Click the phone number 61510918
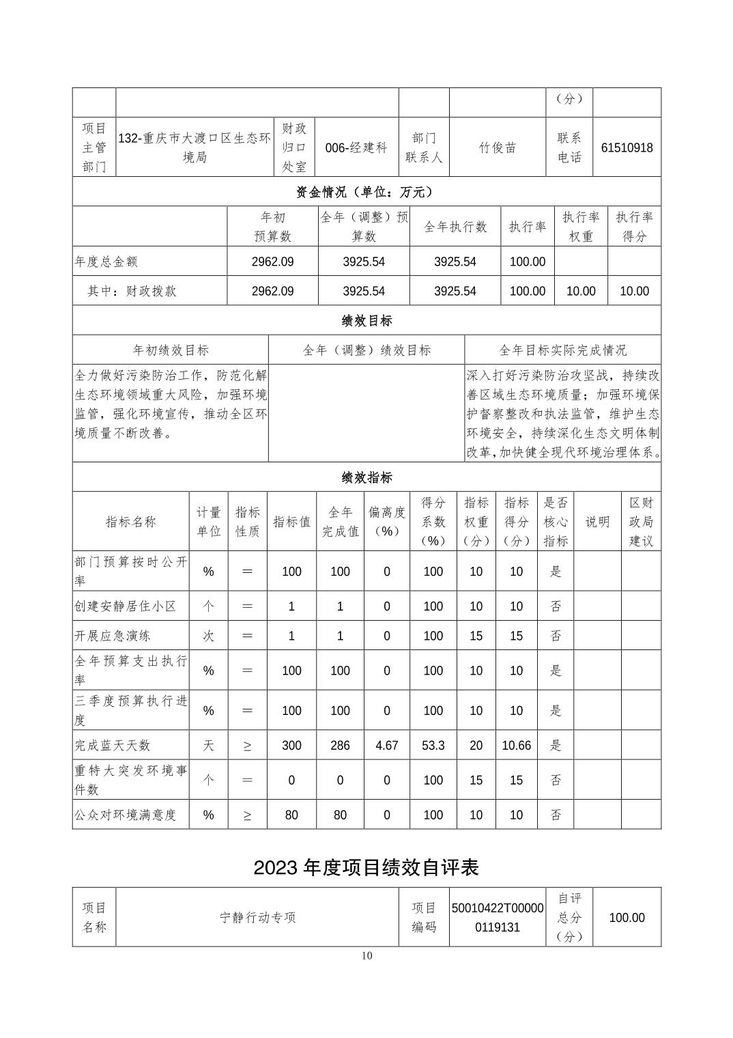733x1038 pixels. coord(627,148)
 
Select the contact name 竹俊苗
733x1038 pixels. coord(497,148)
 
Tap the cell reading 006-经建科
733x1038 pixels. coord(356,148)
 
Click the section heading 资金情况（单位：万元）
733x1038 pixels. coord(366,192)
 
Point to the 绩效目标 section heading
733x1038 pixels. coord(366,320)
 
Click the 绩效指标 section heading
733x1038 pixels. coord(366,477)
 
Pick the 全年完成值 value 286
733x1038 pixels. coord(340,745)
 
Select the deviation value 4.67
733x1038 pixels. coord(386,745)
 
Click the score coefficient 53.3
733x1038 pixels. coord(433,745)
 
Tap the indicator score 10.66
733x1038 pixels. coord(516,745)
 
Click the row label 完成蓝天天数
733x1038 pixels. coord(112,745)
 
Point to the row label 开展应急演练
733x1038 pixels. coord(112,636)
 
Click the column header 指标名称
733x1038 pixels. coord(130,522)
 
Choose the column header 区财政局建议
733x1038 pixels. coord(641,522)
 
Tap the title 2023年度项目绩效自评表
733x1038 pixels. coord(366,867)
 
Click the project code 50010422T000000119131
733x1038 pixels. coord(498,917)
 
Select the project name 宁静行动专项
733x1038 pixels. coord(257,917)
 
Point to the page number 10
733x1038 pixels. coord(366,955)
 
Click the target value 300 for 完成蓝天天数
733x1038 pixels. coord(291,745)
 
